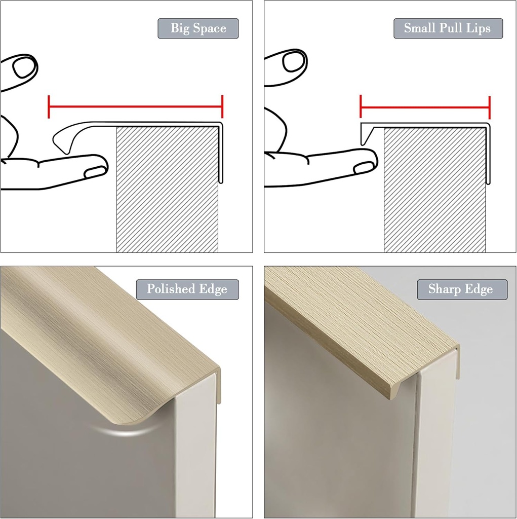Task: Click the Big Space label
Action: click(x=198, y=28)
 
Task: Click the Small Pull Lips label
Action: click(x=448, y=28)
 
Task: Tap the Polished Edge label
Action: click(x=187, y=289)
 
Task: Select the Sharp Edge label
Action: click(x=460, y=289)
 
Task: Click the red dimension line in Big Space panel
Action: click(x=135, y=106)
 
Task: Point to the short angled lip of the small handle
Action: click(x=366, y=134)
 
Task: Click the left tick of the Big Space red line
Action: click(x=49, y=106)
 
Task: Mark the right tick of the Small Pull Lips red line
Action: click(x=489, y=106)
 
